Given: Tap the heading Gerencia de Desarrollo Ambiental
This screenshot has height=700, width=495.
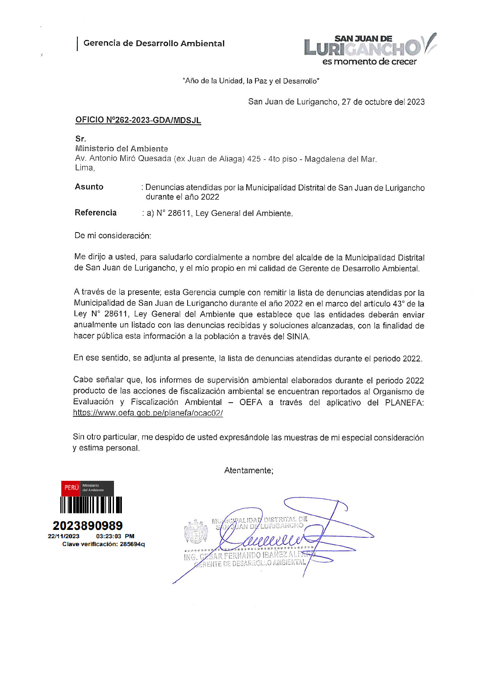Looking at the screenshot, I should coord(154,43).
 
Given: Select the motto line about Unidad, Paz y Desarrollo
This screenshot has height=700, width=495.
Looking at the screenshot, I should coord(251,81).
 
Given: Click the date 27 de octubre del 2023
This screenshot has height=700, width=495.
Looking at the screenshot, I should coord(383,102).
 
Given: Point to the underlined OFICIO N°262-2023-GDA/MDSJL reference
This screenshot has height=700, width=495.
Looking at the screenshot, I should coord(138,120).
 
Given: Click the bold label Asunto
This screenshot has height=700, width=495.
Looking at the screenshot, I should coord(89,187).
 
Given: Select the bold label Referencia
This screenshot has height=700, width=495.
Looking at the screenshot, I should coord(96,213).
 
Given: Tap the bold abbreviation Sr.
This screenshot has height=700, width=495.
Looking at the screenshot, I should coord(81,139).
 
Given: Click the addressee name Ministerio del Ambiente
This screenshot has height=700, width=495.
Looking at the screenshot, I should coord(121,148).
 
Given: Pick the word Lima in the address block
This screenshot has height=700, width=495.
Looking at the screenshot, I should coord(84,168).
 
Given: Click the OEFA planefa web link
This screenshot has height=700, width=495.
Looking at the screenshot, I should coord(148,413).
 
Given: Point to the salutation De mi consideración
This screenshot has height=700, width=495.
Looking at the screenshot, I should coord(113,235).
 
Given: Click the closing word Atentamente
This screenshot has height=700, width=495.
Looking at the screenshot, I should coord(249,470).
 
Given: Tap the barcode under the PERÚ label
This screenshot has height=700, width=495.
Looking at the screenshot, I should coord(91,505).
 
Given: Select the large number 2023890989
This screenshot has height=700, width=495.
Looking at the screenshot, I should coord(88,526).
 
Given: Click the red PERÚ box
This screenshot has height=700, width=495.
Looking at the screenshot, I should coord(71,487).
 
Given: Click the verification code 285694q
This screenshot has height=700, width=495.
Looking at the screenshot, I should coord(132,544).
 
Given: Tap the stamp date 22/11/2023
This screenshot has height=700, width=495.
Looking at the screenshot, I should coord(64,536).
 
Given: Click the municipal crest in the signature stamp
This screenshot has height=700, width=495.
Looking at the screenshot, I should coord(196,532).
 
